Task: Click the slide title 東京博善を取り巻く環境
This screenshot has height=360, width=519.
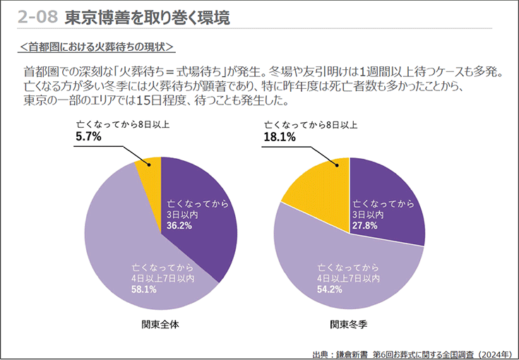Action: [147, 18]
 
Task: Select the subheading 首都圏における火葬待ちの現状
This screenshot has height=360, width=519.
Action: [97, 47]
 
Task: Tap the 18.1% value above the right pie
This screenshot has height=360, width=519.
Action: [280, 138]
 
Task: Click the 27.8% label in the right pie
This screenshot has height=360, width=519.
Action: [366, 226]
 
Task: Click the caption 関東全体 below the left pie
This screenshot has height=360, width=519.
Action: [160, 325]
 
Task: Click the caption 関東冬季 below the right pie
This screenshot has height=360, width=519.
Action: [350, 325]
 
